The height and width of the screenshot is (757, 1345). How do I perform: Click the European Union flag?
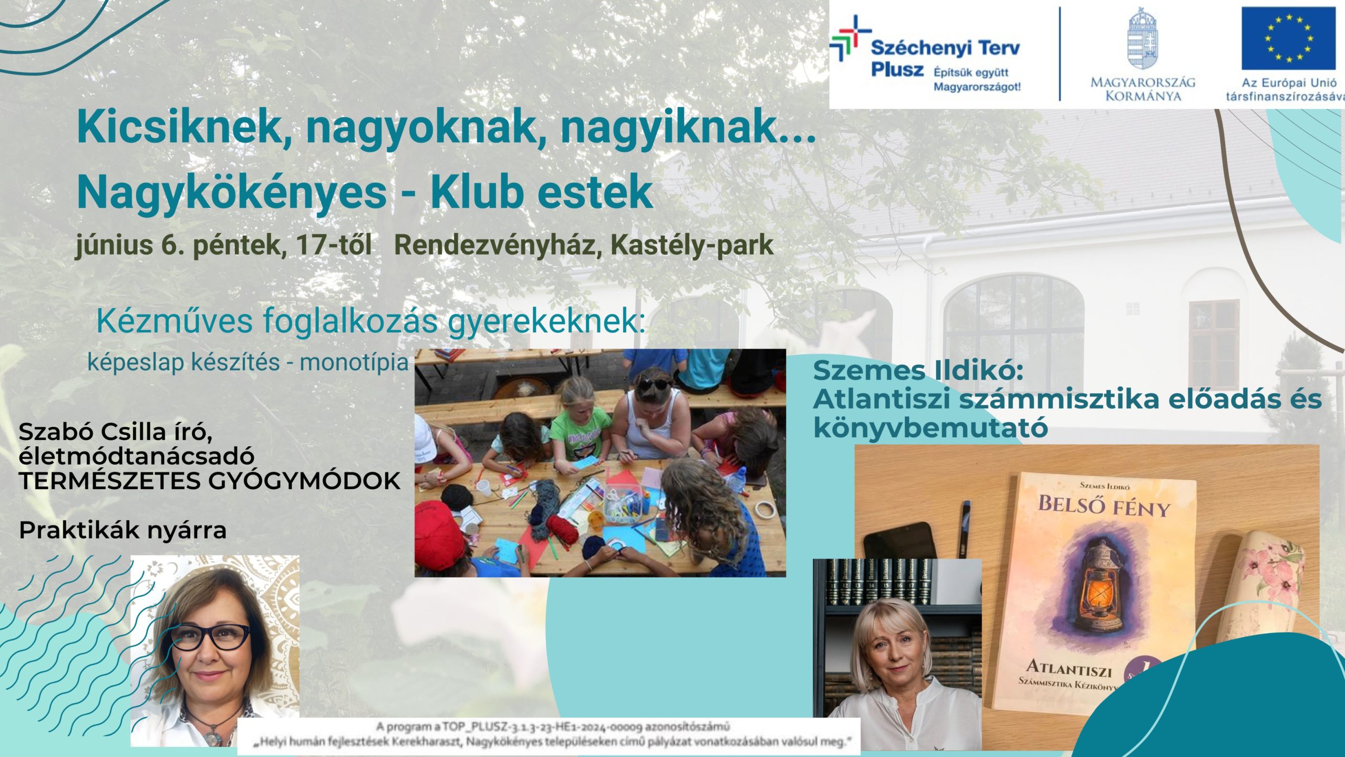1288,38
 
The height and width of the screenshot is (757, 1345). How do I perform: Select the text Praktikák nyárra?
122,531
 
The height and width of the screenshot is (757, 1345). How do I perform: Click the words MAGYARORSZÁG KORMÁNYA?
1143,89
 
